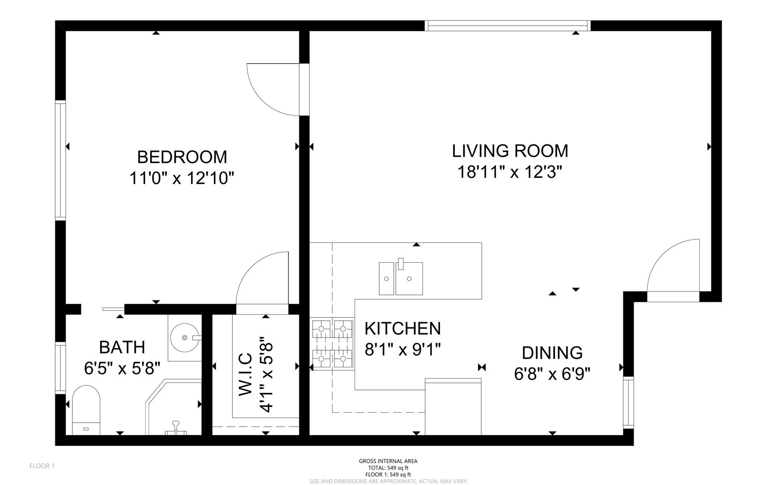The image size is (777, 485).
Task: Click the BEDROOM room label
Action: (x=182, y=157)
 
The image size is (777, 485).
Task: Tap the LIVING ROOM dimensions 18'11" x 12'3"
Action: (x=510, y=172)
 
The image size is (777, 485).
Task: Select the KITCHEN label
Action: (x=402, y=329)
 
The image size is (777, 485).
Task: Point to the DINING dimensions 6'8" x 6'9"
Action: (x=552, y=374)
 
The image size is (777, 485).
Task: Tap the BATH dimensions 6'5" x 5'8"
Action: (x=122, y=369)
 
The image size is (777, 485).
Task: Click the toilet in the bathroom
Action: (x=86, y=409)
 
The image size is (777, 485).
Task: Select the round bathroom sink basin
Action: (x=185, y=337)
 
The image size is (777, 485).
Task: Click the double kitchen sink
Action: (x=401, y=278)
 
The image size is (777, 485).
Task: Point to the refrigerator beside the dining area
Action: (x=453, y=407)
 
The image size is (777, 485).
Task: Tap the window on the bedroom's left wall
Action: (x=60, y=160)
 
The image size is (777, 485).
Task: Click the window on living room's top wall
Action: (x=507, y=26)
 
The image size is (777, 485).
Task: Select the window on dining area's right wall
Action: (x=628, y=402)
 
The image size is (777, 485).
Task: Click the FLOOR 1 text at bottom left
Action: (x=42, y=466)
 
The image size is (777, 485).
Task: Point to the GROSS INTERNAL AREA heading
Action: (x=388, y=461)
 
